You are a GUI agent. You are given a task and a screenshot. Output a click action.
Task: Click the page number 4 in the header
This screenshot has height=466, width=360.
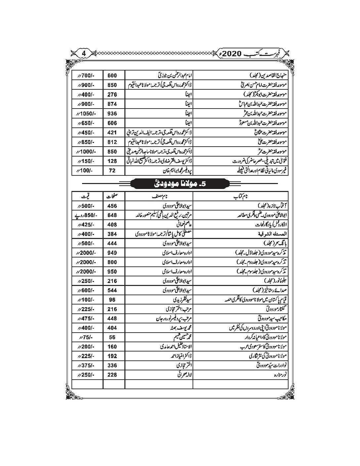pos(84,53)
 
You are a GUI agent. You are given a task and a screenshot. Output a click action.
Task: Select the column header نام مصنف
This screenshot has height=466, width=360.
pos(158,197)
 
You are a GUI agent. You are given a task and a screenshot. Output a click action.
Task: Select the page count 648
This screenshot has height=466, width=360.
pos(112,215)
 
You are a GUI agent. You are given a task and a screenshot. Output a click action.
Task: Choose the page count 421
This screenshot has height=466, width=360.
pos(112,132)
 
